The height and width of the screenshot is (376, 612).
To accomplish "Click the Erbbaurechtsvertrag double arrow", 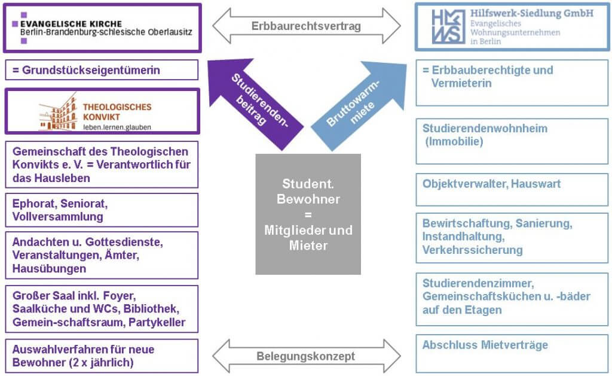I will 306,26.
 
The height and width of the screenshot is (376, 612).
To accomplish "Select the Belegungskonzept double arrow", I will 306,356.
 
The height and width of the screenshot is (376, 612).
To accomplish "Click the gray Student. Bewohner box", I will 308,214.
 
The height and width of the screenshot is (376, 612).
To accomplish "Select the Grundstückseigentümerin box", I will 101,70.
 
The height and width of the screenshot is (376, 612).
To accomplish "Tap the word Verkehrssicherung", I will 472,250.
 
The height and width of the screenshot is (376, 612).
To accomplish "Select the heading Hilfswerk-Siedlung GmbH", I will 532,13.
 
